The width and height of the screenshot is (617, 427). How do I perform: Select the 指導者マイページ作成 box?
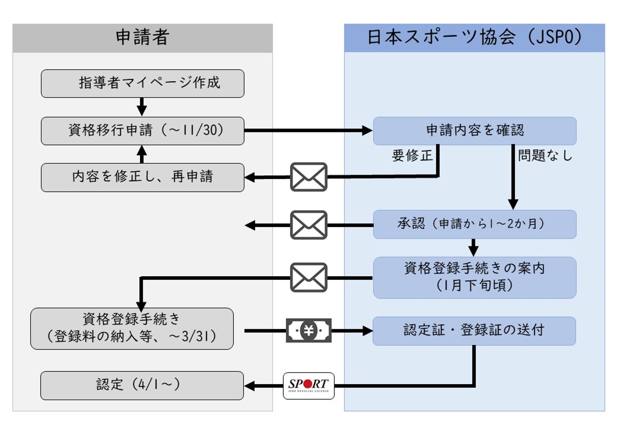click(x=142, y=83)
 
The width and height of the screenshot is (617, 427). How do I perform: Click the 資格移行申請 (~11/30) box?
click(x=142, y=131)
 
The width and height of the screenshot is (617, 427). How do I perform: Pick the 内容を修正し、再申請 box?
click(x=142, y=177)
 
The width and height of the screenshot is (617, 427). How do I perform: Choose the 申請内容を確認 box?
click(x=475, y=131)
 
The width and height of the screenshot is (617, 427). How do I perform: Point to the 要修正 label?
click(x=412, y=155)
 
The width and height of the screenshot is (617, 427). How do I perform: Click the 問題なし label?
click(x=545, y=155)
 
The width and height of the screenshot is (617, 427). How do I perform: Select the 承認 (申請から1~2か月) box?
click(x=475, y=224)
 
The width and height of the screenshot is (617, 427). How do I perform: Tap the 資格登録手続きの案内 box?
click(x=475, y=278)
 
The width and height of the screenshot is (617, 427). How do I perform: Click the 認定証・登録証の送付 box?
click(x=474, y=331)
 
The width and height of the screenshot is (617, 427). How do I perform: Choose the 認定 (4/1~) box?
click(x=142, y=385)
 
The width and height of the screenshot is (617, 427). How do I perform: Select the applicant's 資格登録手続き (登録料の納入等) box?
click(x=132, y=329)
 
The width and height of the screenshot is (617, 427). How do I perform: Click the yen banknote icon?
click(x=309, y=330)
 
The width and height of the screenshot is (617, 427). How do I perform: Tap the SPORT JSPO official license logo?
click(x=309, y=386)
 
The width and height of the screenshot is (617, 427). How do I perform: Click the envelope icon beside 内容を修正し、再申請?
click(x=309, y=177)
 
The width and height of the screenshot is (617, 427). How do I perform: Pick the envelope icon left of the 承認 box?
click(x=309, y=225)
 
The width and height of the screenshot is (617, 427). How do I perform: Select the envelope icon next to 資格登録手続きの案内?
click(x=309, y=278)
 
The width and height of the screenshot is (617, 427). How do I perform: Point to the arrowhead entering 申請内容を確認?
click(x=367, y=130)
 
